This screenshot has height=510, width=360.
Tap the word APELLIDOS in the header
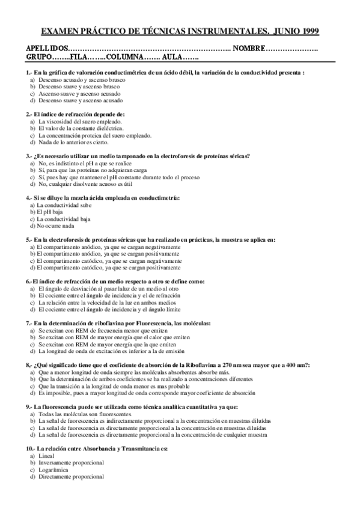47,48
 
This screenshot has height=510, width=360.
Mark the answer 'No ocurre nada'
56,226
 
